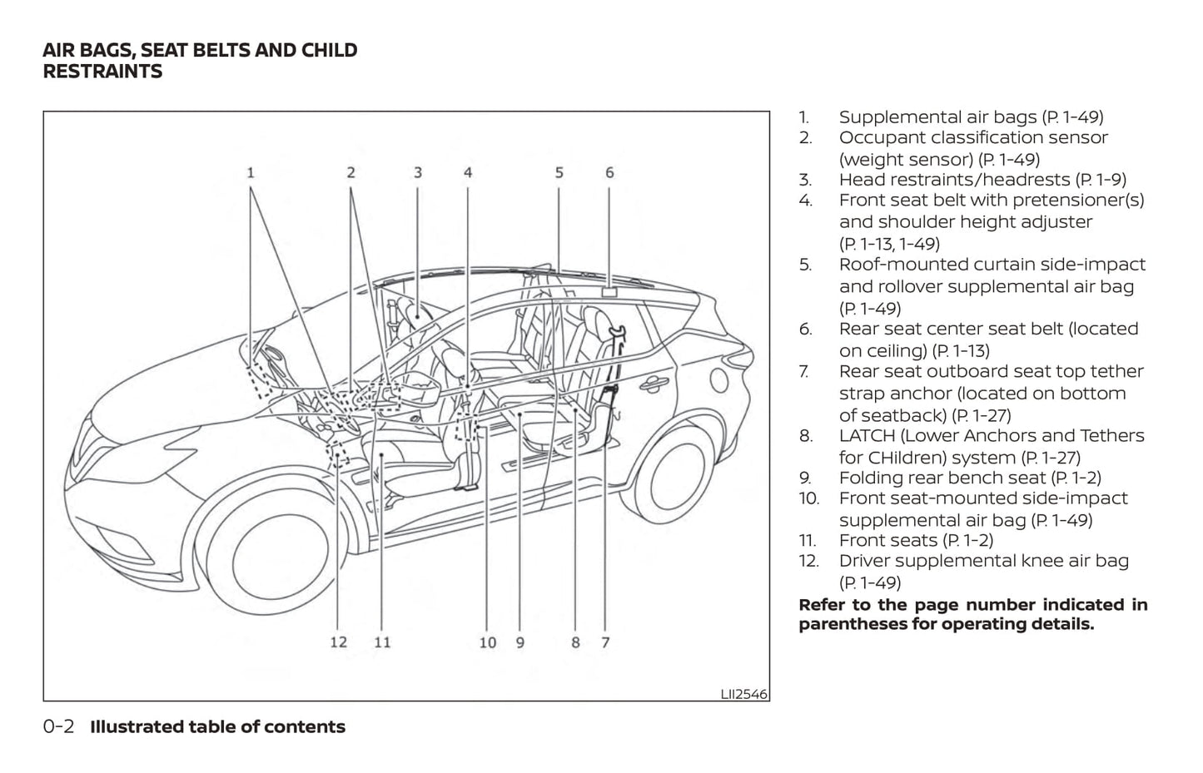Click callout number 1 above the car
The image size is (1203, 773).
250,173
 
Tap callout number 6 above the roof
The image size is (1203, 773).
609,173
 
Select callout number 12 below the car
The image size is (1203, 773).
338,642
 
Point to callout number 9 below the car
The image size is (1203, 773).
520,642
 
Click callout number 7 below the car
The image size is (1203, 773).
605,642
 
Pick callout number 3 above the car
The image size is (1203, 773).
418,173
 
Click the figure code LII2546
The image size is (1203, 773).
743,693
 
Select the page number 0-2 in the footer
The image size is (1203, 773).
58,727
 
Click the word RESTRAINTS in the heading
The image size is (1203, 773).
102,72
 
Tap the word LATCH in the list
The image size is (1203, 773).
866,436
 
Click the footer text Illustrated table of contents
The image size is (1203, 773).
217,727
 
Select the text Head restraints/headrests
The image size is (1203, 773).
954,180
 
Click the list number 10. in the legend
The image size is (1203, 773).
808,499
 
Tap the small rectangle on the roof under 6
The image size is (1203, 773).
609,292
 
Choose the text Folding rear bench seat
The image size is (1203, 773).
942,478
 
